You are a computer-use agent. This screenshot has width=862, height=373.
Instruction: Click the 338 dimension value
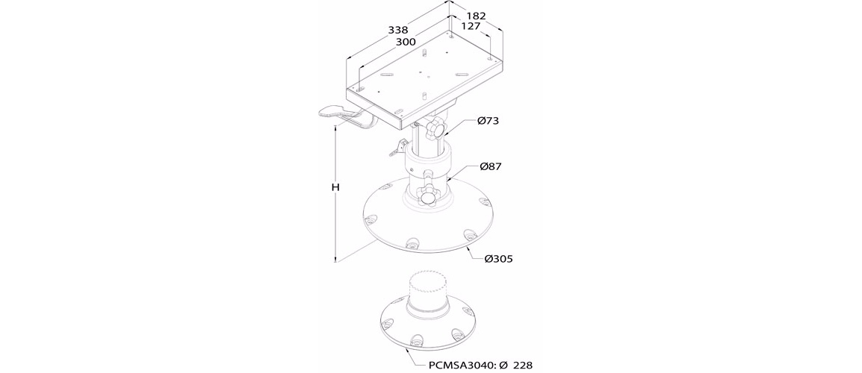point(397,31)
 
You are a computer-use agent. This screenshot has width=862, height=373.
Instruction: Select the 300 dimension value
point(405,42)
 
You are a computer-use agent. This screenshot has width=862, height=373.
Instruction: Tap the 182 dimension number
point(476,16)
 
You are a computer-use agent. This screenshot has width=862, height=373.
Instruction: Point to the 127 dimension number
point(471,25)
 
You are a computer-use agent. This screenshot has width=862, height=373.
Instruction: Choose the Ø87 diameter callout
point(490,166)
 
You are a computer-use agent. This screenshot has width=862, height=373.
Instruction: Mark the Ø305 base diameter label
point(499,258)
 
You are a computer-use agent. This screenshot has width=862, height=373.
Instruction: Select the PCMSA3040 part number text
point(459,365)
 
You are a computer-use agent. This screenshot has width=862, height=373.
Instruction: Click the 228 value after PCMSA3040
point(523,365)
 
